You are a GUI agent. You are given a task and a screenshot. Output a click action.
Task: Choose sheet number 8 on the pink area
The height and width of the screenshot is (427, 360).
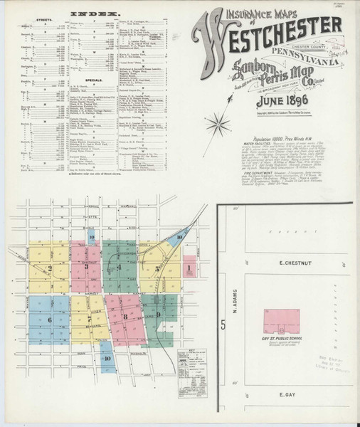(x=125, y=316)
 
